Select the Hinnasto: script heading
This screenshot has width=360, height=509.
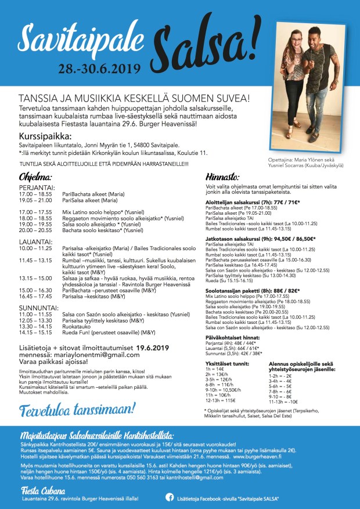click(x=224, y=176)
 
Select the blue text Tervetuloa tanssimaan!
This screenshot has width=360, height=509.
click(x=77, y=409)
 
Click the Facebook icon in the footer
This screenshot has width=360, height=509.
click(x=170, y=497)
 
